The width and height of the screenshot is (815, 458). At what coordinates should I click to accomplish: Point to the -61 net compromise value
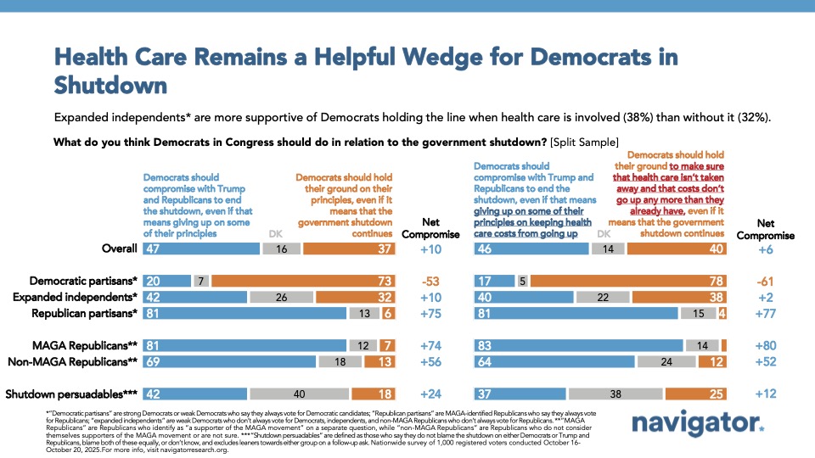[x=767, y=281]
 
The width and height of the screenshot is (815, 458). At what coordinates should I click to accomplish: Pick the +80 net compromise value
[x=767, y=345]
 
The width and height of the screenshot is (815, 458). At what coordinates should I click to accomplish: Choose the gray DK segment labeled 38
[x=616, y=394]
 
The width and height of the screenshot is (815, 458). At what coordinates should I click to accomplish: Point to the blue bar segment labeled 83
[x=578, y=345]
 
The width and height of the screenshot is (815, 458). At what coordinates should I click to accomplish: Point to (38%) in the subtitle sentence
[x=618, y=114]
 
